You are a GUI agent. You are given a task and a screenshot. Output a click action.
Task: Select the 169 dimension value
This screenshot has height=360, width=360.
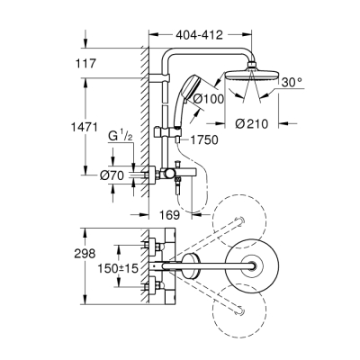click(160, 215)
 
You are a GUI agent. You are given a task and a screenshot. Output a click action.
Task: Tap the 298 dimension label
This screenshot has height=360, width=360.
click(85, 255)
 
